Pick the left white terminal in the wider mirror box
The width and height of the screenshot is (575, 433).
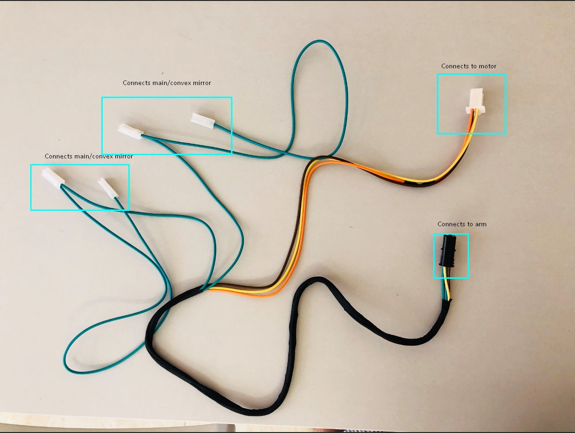click(130, 131)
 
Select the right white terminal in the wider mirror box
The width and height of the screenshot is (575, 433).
click(203, 120)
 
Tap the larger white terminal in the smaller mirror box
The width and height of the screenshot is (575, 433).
click(53, 178)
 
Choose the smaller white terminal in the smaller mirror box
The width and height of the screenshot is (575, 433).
click(108, 188)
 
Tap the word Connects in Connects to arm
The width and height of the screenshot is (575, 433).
click(450, 224)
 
